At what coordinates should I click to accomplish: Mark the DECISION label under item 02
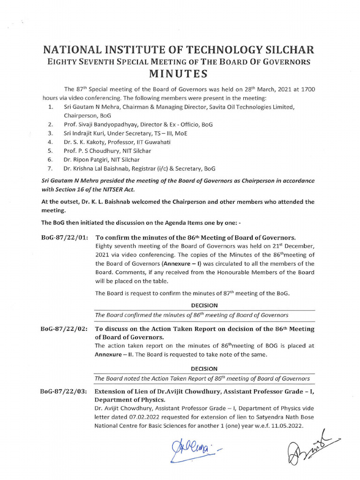(204, 369)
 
